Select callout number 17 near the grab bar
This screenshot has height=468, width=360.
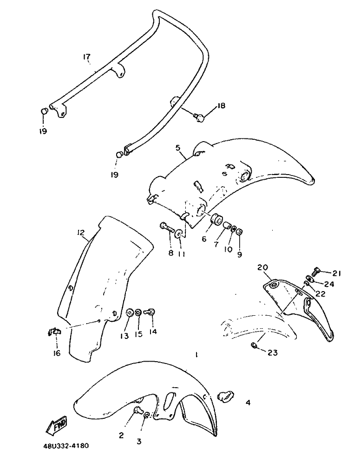click(x=86, y=57)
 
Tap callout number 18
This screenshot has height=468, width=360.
click(x=221, y=105)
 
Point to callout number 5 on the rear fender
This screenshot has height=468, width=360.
click(x=178, y=149)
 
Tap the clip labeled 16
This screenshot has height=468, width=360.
click(x=55, y=331)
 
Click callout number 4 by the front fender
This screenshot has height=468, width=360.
click(x=248, y=403)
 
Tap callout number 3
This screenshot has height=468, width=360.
click(x=139, y=441)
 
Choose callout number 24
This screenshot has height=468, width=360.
click(x=329, y=284)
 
